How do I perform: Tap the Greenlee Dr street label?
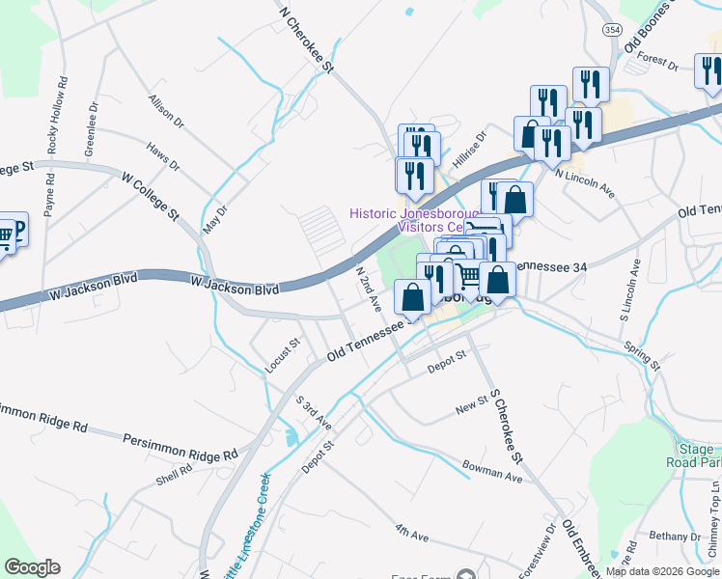[x=93, y=130]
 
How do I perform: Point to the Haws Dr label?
[x=163, y=156]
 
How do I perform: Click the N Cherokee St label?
[x=306, y=40]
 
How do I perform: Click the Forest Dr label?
[x=657, y=63]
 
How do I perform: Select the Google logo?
[x=32, y=566]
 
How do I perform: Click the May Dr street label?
[x=215, y=211]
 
